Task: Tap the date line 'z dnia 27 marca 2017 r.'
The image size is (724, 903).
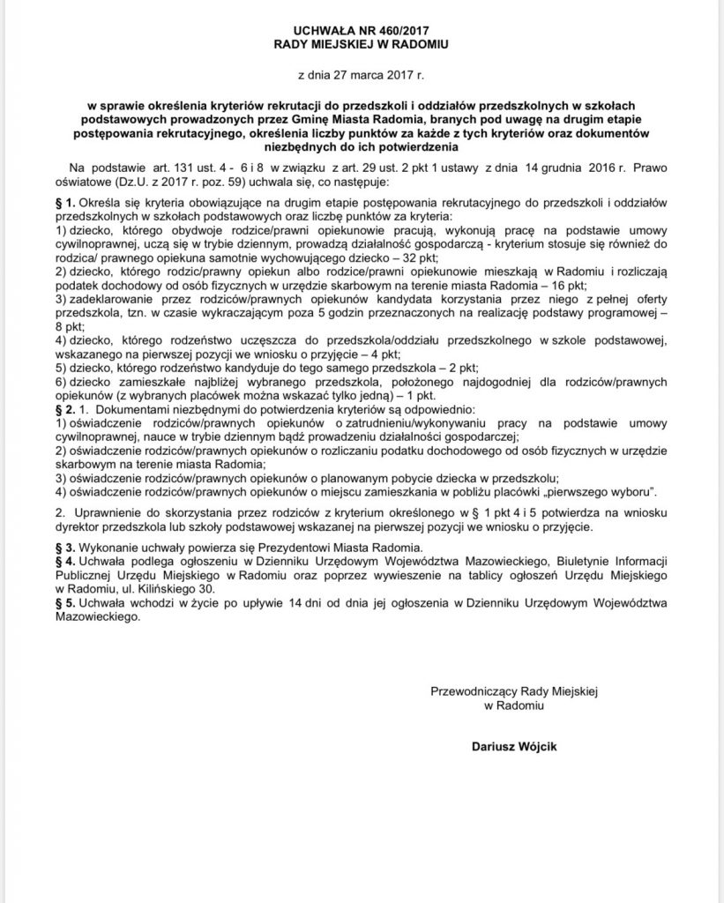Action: [x=362, y=78]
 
